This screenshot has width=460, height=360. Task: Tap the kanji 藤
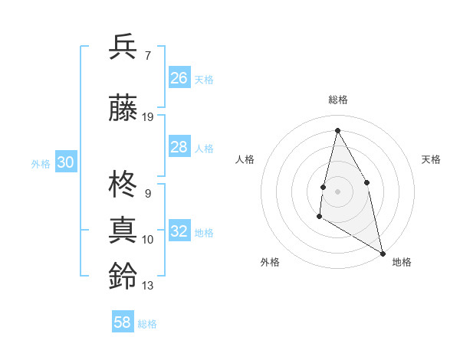(x=123, y=108)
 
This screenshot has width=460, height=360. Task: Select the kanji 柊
(x=123, y=185)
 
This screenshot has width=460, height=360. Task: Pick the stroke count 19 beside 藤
(x=148, y=117)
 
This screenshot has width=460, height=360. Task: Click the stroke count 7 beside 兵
(x=147, y=55)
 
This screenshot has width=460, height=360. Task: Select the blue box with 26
(x=179, y=78)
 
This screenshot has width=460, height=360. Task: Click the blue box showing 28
(x=179, y=147)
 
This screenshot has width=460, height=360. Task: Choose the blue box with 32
(x=179, y=231)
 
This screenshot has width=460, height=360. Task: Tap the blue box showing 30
(x=65, y=162)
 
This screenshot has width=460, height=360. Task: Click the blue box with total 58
(x=123, y=322)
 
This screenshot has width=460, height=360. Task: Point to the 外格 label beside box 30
(x=41, y=163)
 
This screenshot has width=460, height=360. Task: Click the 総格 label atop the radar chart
(x=337, y=100)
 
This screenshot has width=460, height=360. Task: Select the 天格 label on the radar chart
(x=431, y=159)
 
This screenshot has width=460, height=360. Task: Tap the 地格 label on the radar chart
(x=402, y=262)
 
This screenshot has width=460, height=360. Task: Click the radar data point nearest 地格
(x=383, y=254)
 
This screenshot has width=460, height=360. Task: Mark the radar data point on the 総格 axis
(x=337, y=130)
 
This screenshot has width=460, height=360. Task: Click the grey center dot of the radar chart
(x=337, y=191)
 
